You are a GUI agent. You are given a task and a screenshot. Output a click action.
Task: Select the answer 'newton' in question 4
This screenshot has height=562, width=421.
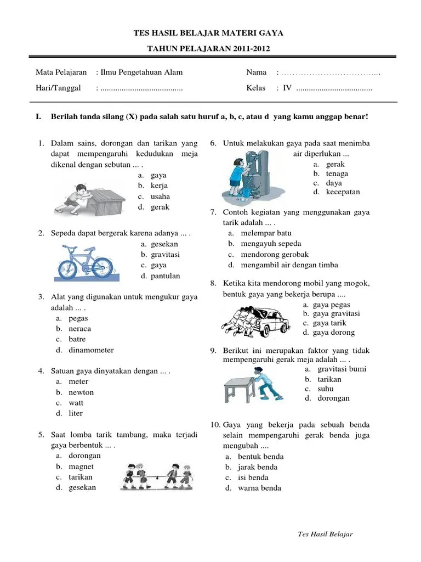tap(81, 392)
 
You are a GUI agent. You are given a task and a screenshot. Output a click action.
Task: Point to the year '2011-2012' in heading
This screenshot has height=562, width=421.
tap(248, 49)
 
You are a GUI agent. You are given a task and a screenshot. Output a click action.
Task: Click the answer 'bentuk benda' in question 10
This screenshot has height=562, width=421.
tap(261, 457)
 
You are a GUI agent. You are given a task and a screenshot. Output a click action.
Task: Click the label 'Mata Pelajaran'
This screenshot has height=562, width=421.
tap(61, 72)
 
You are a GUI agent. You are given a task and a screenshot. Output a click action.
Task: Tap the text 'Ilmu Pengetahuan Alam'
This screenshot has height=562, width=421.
tap(141, 72)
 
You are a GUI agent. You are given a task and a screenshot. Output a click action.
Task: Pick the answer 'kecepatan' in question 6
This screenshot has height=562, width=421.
tap(343, 192)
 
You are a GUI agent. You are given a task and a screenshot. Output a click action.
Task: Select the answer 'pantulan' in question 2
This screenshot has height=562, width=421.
tap(166, 276)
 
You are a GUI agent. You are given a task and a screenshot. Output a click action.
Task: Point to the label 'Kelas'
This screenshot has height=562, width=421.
tap(256, 88)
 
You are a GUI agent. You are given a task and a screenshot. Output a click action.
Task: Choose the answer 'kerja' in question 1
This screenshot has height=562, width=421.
tap(160, 186)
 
